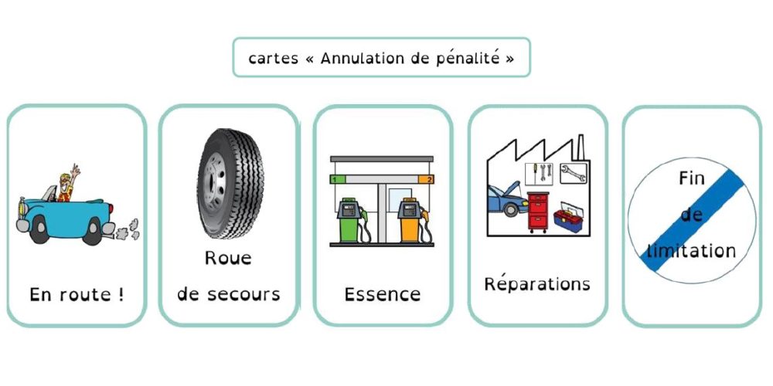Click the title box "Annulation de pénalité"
(381, 58)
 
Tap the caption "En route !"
(77, 294)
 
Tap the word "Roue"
(228, 258)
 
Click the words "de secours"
(228, 294)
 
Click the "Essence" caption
(383, 294)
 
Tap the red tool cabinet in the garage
(538, 210)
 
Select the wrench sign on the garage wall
(574, 173)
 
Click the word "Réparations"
(537, 283)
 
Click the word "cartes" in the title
(274, 59)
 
